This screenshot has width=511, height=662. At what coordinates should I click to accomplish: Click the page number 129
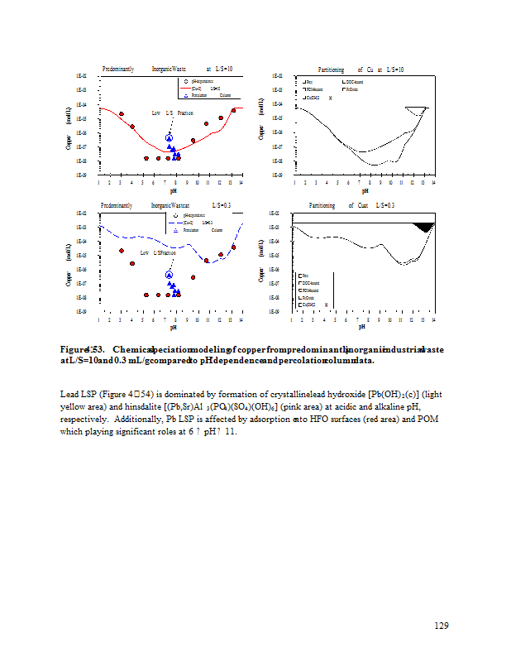[442, 625]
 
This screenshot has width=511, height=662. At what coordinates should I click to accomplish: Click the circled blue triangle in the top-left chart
[170, 137]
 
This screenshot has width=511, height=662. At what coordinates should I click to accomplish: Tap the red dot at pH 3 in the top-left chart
[122, 114]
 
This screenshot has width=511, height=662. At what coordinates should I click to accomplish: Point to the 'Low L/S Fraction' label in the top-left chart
[173, 112]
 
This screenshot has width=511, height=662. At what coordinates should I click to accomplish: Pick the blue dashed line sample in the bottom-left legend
[175, 222]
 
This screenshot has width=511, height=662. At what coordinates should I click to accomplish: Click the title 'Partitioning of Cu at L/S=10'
[361, 70]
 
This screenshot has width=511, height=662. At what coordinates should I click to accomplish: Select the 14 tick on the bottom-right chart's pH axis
[433, 319]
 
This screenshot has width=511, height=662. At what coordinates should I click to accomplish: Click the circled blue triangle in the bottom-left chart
[170, 275]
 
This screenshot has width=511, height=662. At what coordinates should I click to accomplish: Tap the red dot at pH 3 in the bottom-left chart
[122, 251]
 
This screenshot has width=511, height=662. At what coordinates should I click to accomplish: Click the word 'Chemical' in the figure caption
[135, 349]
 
